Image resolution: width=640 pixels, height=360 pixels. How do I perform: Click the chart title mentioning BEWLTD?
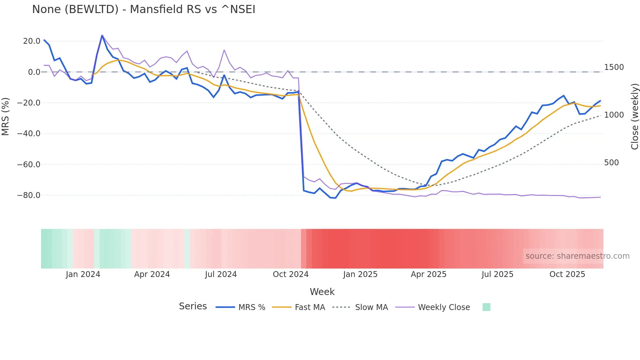pyautogui.click(x=144, y=9)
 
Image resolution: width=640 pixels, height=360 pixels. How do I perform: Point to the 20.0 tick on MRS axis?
pyautogui.click(x=32, y=41)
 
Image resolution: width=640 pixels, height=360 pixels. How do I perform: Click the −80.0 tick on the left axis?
pyautogui.click(x=29, y=195)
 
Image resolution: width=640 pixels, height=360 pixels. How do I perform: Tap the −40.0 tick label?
pyautogui.click(x=29, y=134)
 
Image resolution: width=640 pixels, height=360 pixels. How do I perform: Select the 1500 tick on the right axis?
pyautogui.click(x=614, y=67)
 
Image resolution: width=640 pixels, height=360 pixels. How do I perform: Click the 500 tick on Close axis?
pyautogui.click(x=611, y=163)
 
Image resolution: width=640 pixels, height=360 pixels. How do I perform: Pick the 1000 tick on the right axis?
pyautogui.click(x=614, y=115)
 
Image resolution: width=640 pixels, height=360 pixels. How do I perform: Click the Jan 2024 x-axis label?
pyautogui.click(x=83, y=274)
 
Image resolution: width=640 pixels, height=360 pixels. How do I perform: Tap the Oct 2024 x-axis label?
pyautogui.click(x=291, y=274)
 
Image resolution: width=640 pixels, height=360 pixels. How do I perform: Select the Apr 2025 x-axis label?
pyautogui.click(x=428, y=274)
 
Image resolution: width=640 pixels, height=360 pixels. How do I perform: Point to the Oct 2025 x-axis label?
pyautogui.click(x=567, y=274)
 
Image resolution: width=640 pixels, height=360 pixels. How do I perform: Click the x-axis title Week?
pyautogui.click(x=322, y=292)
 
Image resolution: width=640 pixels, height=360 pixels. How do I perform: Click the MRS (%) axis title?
pyautogui.click(x=6, y=116)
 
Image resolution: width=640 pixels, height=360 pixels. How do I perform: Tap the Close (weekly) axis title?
pyautogui.click(x=634, y=117)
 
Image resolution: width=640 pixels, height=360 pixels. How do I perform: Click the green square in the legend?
pyautogui.click(x=486, y=307)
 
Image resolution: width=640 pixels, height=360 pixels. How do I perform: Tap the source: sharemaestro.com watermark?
pyautogui.click(x=577, y=256)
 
